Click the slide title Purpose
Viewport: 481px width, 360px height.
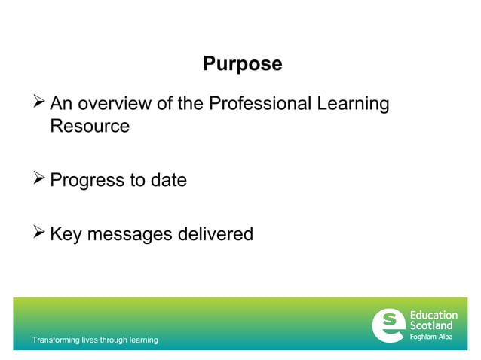pyautogui.click(x=242, y=65)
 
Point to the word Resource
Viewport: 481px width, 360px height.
pyautogui.click(x=90, y=126)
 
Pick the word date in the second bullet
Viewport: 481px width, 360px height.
pyautogui.click(x=167, y=181)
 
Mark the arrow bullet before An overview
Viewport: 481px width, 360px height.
pyautogui.click(x=38, y=103)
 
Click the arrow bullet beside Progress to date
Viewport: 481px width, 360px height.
pyautogui.click(x=38, y=180)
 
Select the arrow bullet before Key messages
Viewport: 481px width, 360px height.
pyautogui.click(x=38, y=233)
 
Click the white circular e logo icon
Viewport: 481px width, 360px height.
pyautogui.click(x=388, y=325)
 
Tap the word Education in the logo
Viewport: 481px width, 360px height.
pyautogui.click(x=434, y=316)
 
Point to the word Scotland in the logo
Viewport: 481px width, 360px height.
pyautogui.click(x=432, y=325)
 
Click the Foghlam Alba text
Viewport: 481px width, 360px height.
pyautogui.click(x=431, y=336)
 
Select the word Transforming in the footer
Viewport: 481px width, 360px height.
pyautogui.click(x=55, y=340)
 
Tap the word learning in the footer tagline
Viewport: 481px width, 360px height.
pyautogui.click(x=142, y=340)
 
